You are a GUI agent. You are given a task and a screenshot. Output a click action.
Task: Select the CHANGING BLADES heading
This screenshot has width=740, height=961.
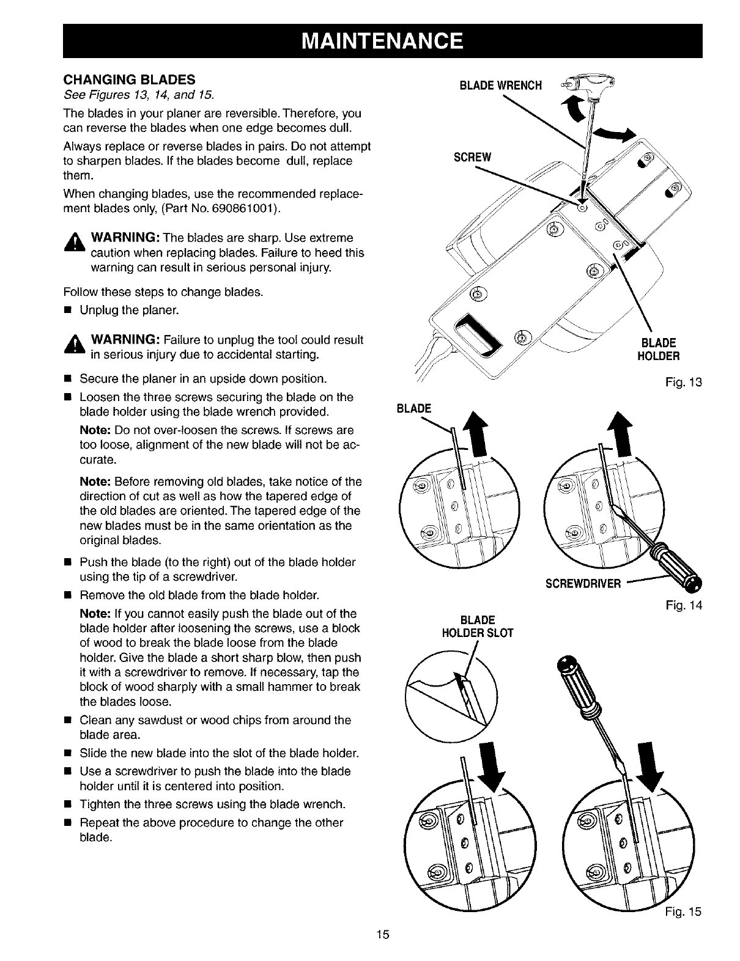(x=130, y=79)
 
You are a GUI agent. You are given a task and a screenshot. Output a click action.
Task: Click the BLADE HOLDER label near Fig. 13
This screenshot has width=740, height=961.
(x=657, y=349)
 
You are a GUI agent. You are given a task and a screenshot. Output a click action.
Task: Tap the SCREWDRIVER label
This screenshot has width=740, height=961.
(x=583, y=583)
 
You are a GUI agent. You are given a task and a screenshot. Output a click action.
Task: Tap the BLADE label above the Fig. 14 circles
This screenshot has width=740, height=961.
(x=414, y=408)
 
